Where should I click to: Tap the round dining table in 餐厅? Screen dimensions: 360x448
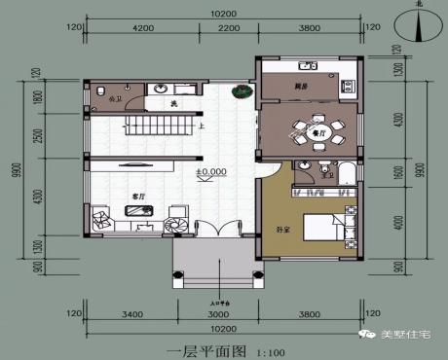[x=314, y=128]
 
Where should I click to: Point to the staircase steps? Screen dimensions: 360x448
[x=157, y=124]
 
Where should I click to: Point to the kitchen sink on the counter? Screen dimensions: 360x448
[x=307, y=67]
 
